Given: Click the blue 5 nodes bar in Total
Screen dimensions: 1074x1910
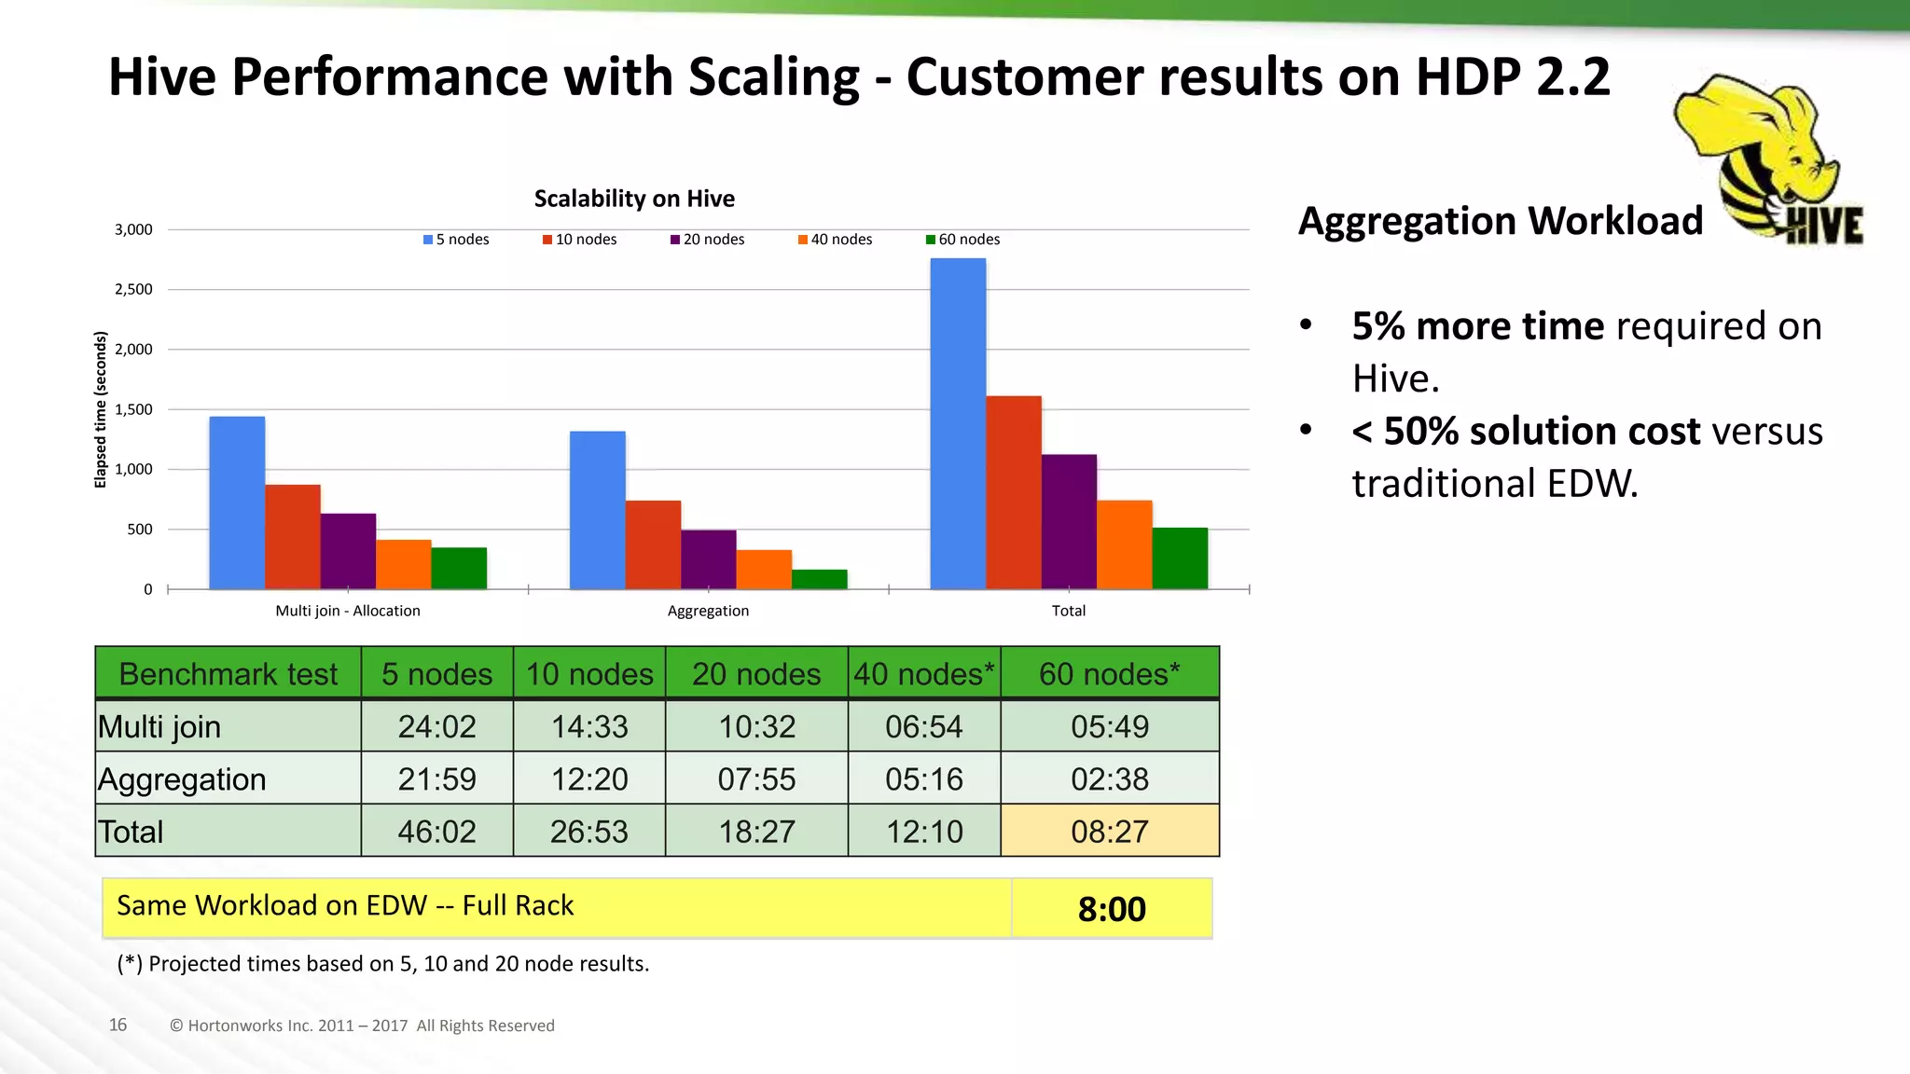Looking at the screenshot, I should pyautogui.click(x=958, y=424).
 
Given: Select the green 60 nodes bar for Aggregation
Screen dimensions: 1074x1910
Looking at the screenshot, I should pyautogui.click(x=819, y=579).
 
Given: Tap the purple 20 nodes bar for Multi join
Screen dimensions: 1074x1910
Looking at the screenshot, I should pyautogui.click(x=348, y=551).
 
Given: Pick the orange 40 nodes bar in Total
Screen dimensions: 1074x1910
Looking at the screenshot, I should pyautogui.click(x=1124, y=544).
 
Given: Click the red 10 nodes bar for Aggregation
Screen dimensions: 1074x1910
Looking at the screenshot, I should pyautogui.click(x=653, y=544).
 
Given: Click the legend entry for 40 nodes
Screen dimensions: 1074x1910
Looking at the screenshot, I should pyautogui.click(x=835, y=240).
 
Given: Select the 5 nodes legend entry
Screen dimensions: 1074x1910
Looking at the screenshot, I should pyautogui.click(x=456, y=240).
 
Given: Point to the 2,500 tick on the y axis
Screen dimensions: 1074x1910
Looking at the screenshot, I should pyautogui.click(x=133, y=289).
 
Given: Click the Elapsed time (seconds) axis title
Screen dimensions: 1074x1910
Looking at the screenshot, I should pyautogui.click(x=101, y=409).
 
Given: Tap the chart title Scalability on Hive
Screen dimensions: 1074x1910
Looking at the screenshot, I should pyautogui.click(x=634, y=199).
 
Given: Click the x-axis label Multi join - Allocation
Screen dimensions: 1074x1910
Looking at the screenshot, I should pyautogui.click(x=348, y=611).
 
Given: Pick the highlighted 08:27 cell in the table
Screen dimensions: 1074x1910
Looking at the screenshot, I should pyautogui.click(x=1109, y=831).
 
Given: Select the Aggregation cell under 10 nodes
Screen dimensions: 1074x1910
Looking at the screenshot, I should pyautogui.click(x=589, y=778).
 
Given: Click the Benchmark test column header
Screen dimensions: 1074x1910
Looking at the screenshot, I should pyautogui.click(x=228, y=673).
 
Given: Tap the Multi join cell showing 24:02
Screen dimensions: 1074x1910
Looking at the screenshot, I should pyautogui.click(x=436, y=726).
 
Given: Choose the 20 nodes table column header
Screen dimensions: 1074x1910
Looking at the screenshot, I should pyautogui.click(x=755, y=673).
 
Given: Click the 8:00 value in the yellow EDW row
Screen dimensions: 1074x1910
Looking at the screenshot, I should pyautogui.click(x=1111, y=909).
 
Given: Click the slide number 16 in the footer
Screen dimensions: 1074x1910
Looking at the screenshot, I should pyautogui.click(x=118, y=1025).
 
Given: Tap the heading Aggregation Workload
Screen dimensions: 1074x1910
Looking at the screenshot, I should pyautogui.click(x=1500, y=221).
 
